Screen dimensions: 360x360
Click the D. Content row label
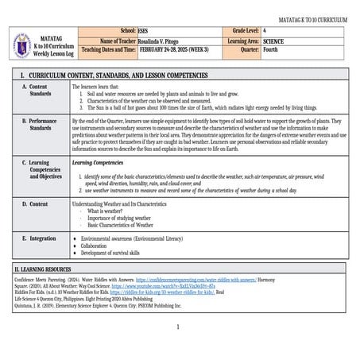[35, 204]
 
